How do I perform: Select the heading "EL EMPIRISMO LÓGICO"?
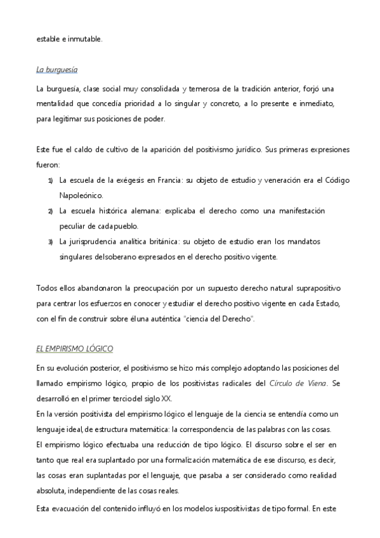pyautogui.click(x=75, y=349)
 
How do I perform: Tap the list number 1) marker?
pyautogui.click(x=51, y=181)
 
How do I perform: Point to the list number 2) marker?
pyautogui.click(x=51, y=211)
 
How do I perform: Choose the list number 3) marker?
pyautogui.click(x=51, y=242)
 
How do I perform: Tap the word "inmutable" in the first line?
pyautogui.click(x=84, y=39)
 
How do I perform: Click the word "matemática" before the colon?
pyautogui.click(x=155, y=428)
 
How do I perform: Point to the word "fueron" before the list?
pyautogui.click(x=48, y=165)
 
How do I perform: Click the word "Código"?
pyautogui.click(x=336, y=180)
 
